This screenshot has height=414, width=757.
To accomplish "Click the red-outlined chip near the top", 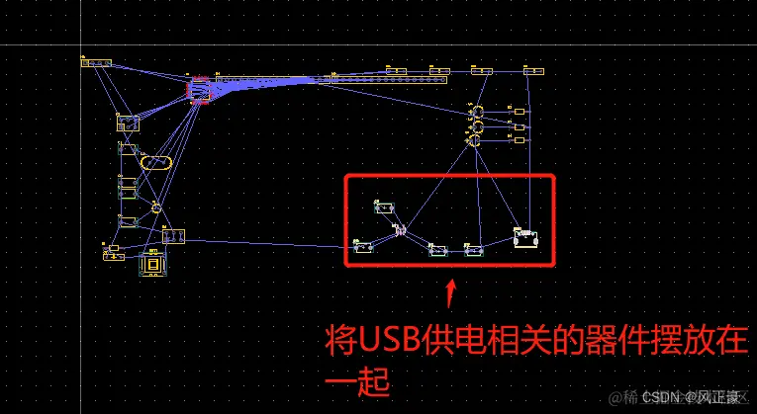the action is [199, 89].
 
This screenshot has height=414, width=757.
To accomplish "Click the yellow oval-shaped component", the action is [155, 162].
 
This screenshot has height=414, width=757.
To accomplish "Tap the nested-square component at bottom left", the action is [153, 264].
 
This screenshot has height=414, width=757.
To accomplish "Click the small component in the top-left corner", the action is [95, 63].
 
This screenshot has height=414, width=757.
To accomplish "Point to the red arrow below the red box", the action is [451, 290].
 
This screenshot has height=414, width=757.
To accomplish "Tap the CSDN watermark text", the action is [660, 397].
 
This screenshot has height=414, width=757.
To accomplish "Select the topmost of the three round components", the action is [475, 111].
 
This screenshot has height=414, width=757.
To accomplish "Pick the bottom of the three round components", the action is [475, 142].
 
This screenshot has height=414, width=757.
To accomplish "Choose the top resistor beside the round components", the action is [520, 112].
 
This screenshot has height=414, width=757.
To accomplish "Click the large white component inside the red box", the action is [525, 238].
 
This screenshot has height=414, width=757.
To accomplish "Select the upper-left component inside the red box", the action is [383, 207].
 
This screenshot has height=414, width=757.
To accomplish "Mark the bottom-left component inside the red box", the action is [364, 244].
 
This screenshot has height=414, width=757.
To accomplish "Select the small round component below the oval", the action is [155, 207].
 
